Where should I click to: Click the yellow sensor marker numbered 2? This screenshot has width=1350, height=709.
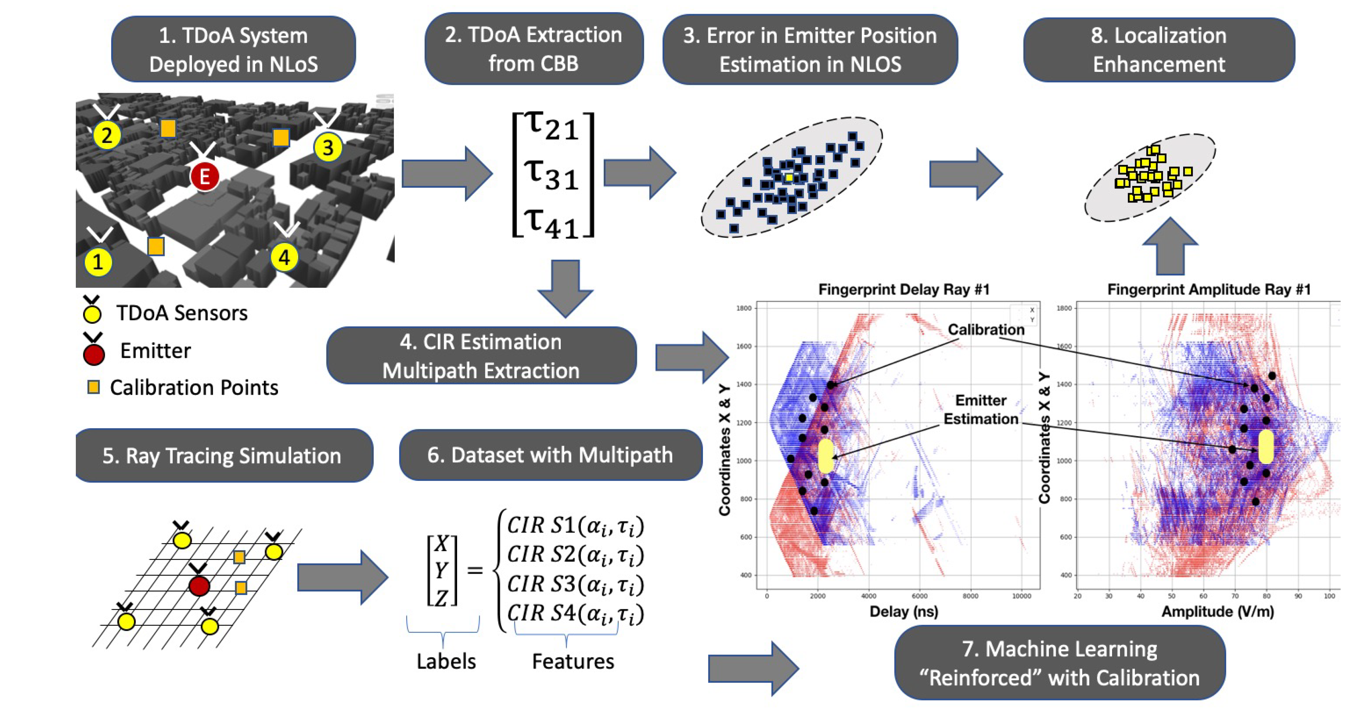(x=107, y=135)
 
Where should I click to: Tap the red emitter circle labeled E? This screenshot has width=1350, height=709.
(x=204, y=177)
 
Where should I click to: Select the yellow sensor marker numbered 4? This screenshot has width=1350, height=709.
(x=284, y=257)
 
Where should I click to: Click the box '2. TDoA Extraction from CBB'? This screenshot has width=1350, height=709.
(x=534, y=49)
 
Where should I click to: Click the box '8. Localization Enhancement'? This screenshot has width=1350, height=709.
(x=1159, y=50)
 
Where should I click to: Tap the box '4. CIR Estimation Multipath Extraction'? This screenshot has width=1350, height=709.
(x=481, y=356)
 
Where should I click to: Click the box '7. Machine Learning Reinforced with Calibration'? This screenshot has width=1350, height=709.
(x=1060, y=663)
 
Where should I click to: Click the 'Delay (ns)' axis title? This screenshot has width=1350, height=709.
(x=903, y=612)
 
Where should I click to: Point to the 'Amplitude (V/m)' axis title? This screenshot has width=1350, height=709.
(x=1217, y=612)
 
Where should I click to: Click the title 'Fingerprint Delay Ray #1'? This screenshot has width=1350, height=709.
(x=903, y=289)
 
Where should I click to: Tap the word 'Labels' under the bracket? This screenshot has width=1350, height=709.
(x=446, y=661)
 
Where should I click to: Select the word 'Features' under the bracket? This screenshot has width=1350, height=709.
(x=573, y=661)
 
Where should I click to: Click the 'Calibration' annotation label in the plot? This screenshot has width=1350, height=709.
(x=986, y=330)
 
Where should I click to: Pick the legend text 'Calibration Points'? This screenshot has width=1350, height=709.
(x=194, y=388)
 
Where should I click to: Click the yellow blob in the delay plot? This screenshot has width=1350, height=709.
(x=825, y=456)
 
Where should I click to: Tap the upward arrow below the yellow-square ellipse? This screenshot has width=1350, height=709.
(x=1170, y=246)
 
